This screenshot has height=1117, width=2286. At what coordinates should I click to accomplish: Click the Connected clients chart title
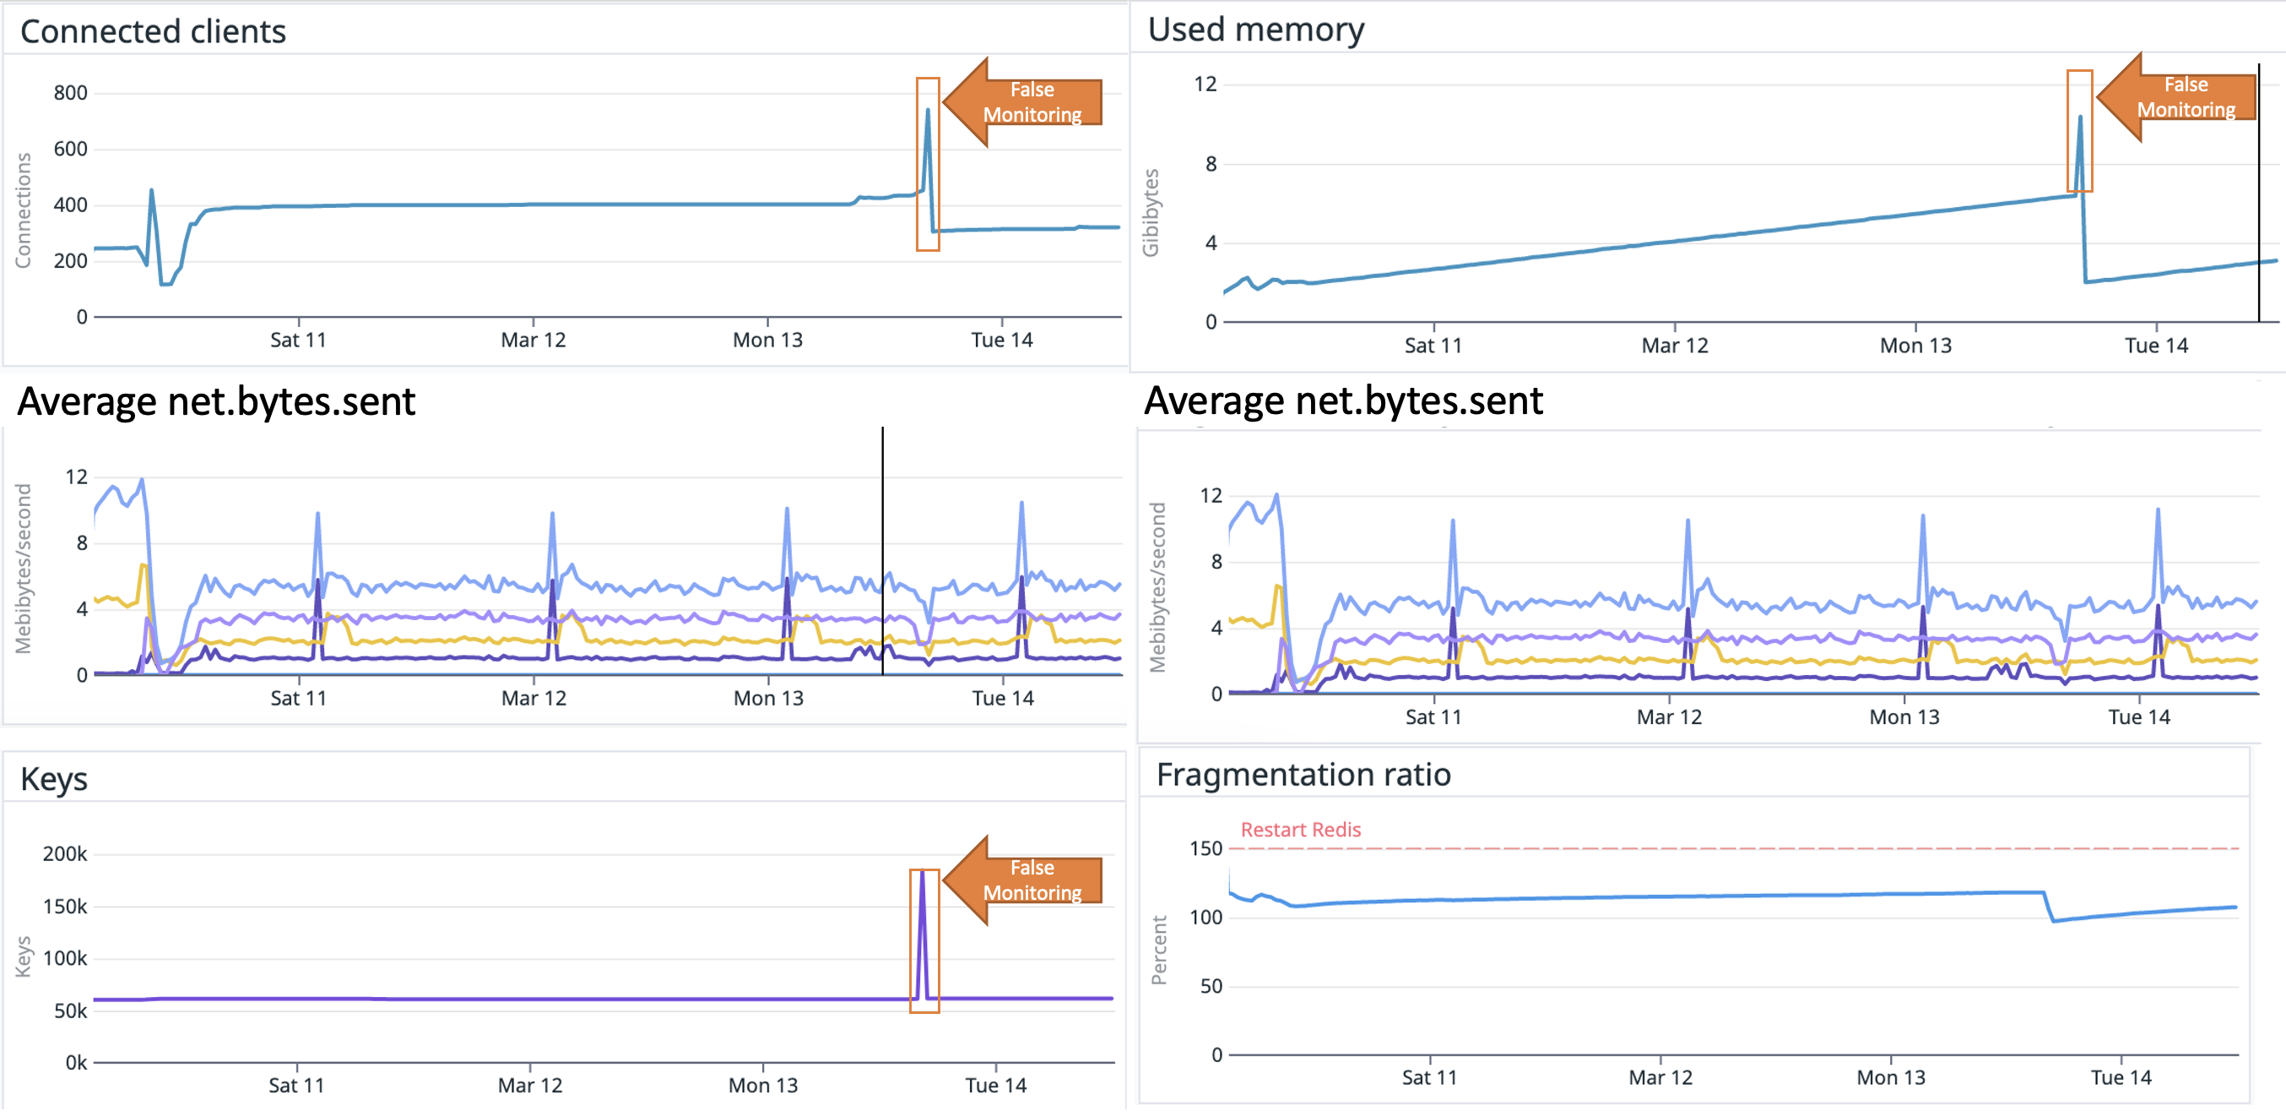(153, 32)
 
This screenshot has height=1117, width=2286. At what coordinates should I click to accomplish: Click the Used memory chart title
(1256, 30)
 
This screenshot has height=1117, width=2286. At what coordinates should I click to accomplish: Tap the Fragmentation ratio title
(1303, 775)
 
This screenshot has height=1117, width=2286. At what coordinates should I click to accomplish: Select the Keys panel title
(53, 780)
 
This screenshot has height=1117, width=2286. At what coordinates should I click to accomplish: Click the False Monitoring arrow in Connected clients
(1025, 102)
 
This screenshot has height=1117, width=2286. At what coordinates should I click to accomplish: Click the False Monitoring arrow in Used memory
(2179, 97)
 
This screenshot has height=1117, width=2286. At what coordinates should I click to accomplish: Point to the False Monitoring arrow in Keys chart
(1025, 880)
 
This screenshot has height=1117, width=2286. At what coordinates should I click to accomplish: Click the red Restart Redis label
(1300, 831)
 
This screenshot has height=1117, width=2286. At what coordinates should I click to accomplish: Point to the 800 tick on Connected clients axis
(70, 93)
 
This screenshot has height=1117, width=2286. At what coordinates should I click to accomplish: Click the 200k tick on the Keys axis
(65, 854)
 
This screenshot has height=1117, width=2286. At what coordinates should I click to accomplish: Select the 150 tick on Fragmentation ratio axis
(1206, 849)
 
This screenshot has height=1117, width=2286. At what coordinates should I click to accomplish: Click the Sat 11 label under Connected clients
(298, 340)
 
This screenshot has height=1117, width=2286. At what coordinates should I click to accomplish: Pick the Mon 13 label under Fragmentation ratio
(1890, 1078)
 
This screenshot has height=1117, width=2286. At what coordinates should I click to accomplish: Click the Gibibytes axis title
(1151, 213)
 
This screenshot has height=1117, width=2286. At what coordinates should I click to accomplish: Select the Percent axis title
(1158, 951)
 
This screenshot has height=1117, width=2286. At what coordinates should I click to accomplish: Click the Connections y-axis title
(23, 210)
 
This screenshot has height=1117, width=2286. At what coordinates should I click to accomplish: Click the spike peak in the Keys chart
(923, 874)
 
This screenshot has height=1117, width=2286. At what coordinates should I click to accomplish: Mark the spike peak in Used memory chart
(2079, 117)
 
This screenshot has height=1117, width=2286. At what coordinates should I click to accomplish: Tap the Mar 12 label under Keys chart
(530, 1086)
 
